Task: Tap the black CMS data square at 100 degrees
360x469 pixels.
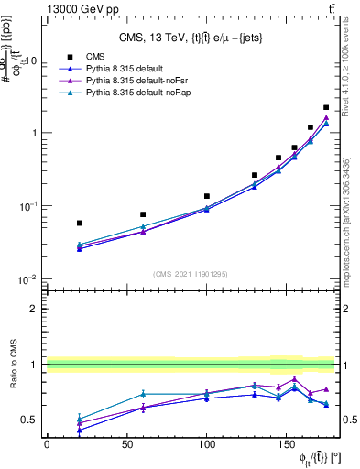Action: pyautogui.click(x=207, y=196)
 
